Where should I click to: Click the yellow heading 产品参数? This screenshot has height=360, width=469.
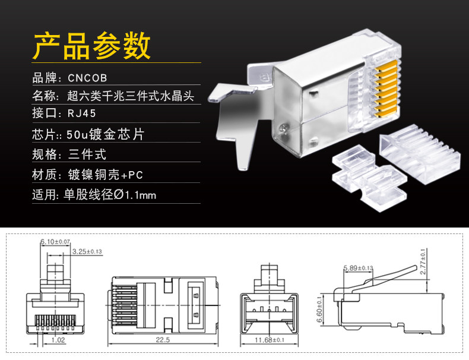91,46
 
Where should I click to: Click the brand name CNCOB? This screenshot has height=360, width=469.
87,77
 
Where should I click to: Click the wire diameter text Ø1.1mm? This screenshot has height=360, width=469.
134,194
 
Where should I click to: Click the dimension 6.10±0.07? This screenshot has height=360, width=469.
55,242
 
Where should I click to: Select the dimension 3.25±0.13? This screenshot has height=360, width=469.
87,251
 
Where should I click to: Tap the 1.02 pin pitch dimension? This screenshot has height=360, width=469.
58,340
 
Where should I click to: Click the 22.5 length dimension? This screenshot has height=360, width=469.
163,340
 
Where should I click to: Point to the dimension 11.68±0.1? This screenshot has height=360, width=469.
270,340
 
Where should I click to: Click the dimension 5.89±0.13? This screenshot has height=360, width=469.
358,268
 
